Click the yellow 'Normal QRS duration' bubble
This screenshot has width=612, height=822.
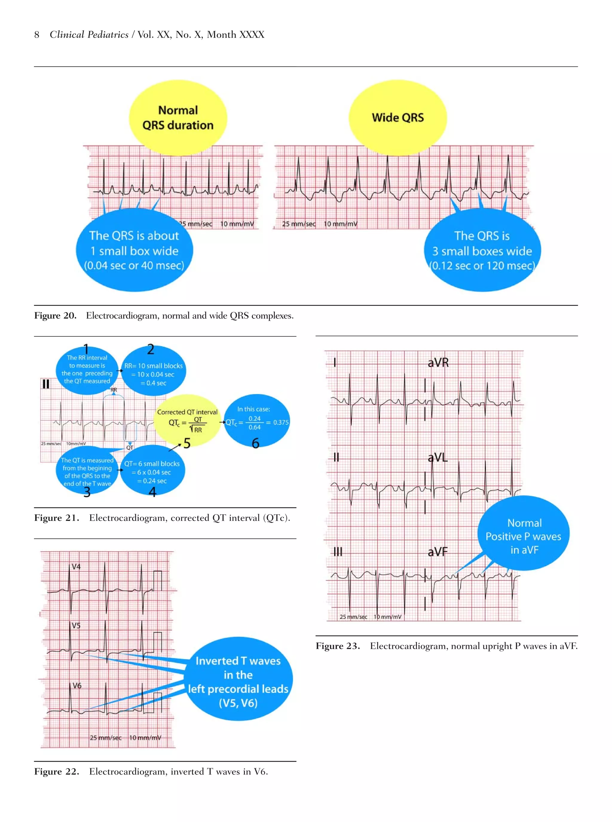coord(178,117)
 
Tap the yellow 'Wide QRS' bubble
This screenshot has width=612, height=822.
coord(397,117)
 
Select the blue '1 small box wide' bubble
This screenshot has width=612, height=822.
coord(134,251)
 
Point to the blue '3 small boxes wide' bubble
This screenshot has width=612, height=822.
coord(482,251)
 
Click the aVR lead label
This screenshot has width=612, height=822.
coord(438,363)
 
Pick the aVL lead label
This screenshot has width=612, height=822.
coord(437,458)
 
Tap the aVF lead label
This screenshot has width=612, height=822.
coord(437,552)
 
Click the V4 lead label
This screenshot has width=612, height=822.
coord(76,567)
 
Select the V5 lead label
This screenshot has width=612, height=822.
coord(76,625)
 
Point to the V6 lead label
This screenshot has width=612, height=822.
coord(77,685)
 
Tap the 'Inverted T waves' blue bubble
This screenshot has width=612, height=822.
coord(238,682)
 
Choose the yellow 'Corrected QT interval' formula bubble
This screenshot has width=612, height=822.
coord(187,421)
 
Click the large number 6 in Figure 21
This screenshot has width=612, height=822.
coord(255,443)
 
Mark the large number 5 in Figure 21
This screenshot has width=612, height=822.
coord(187,443)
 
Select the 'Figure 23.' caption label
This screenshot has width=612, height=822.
coord(337,646)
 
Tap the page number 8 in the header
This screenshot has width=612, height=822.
coord(37,35)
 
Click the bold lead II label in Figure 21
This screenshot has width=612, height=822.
coord(45,384)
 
